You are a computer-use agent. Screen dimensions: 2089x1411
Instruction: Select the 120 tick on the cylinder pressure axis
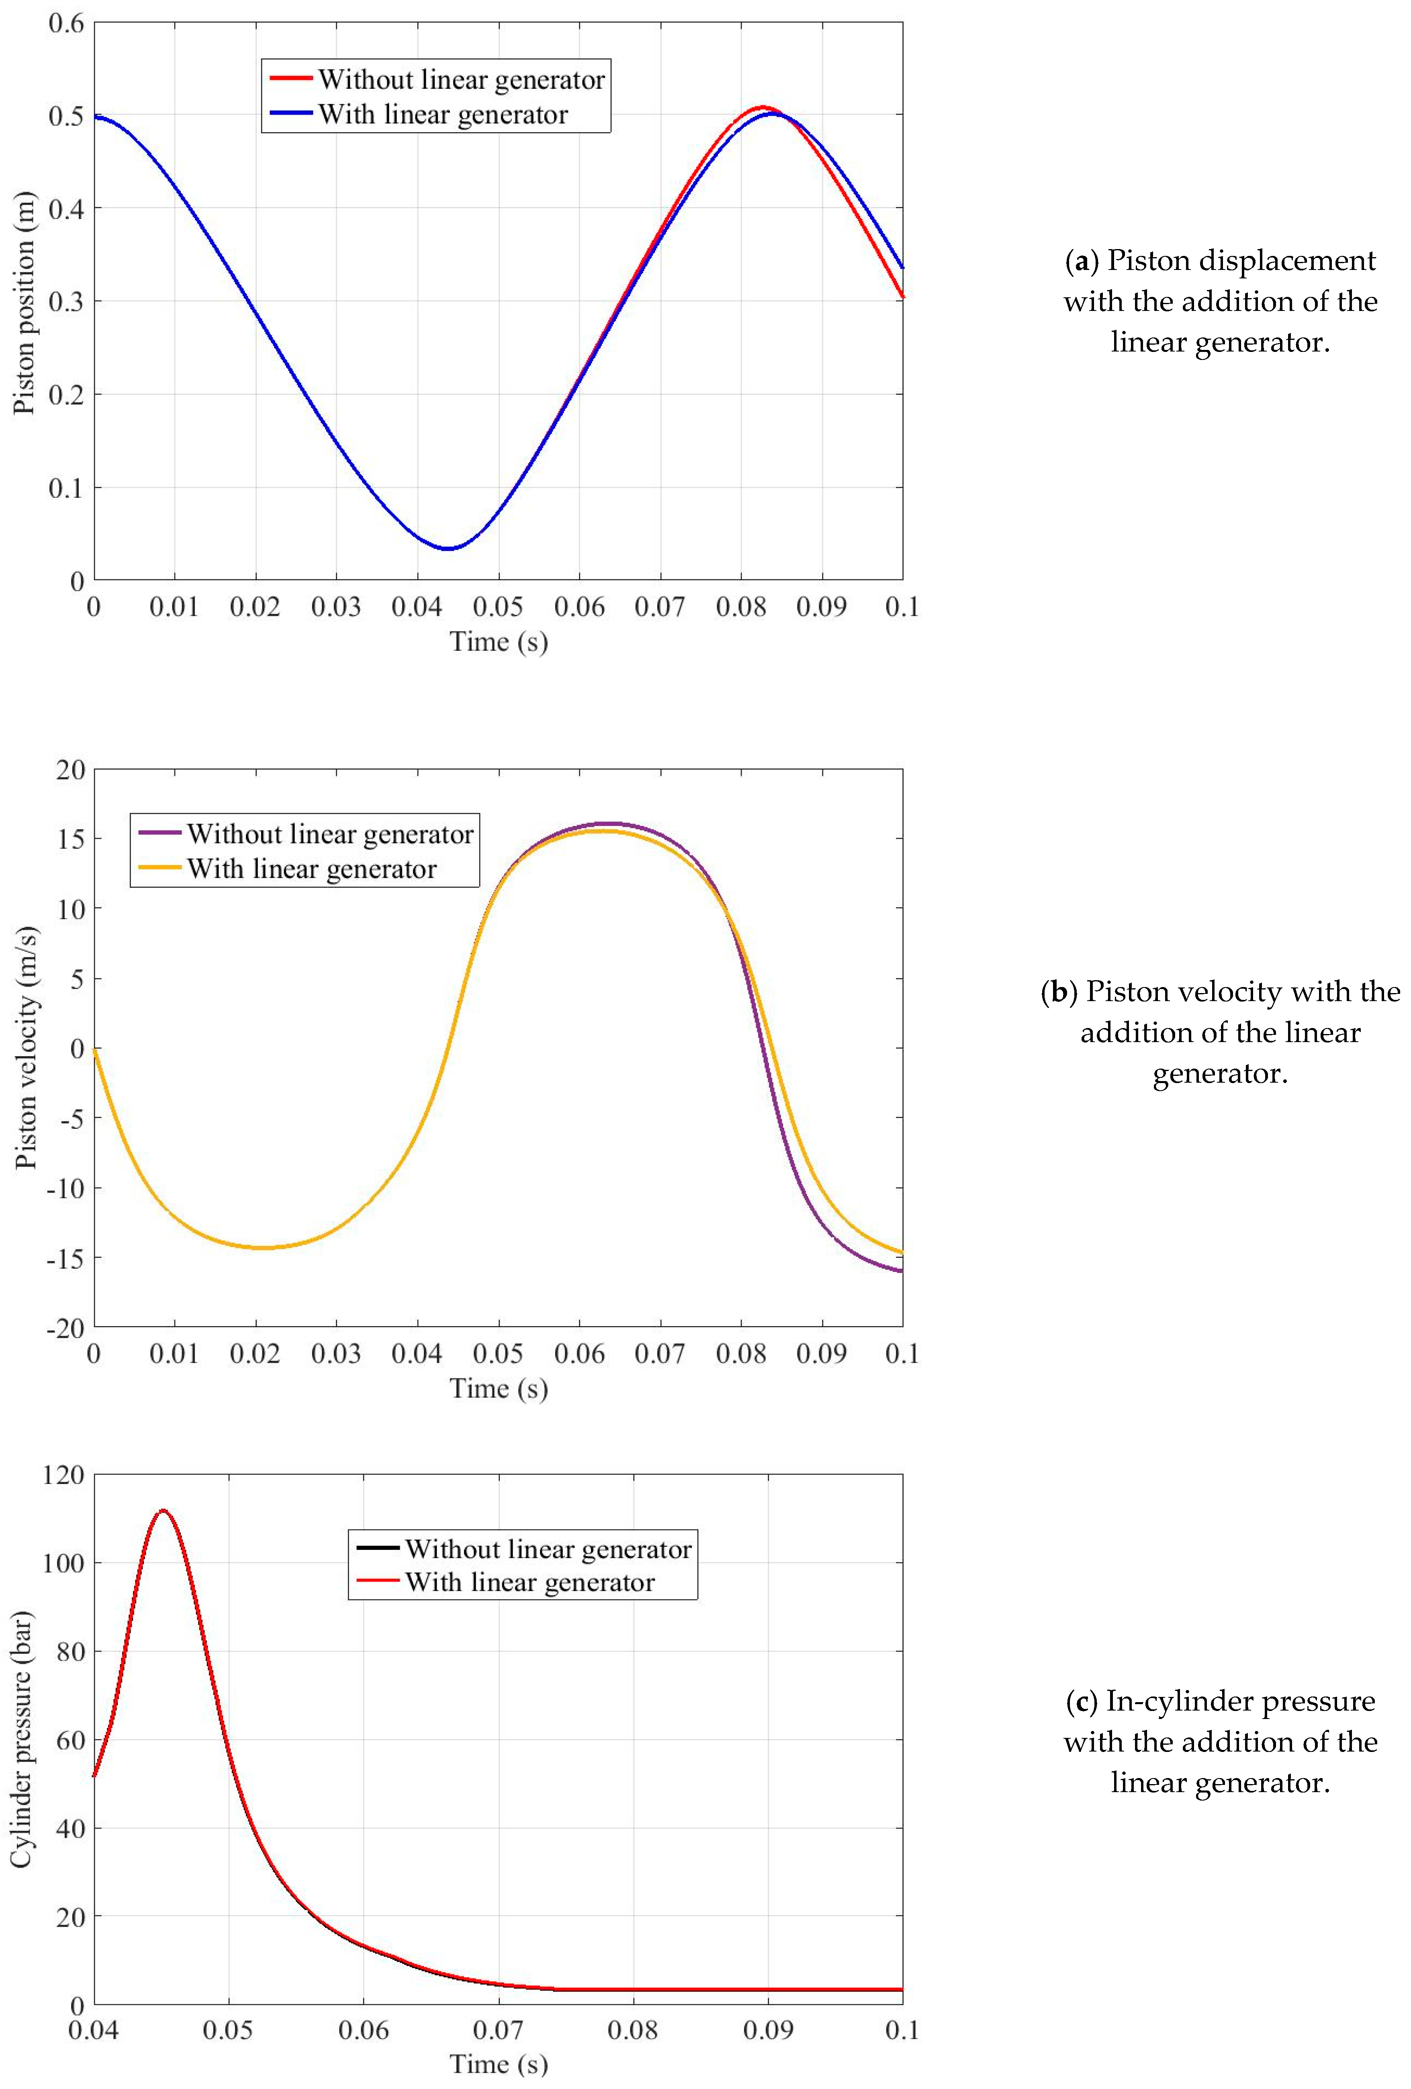[x=63, y=1475]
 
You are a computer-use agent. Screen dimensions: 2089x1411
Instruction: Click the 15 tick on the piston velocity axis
[x=70, y=839]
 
